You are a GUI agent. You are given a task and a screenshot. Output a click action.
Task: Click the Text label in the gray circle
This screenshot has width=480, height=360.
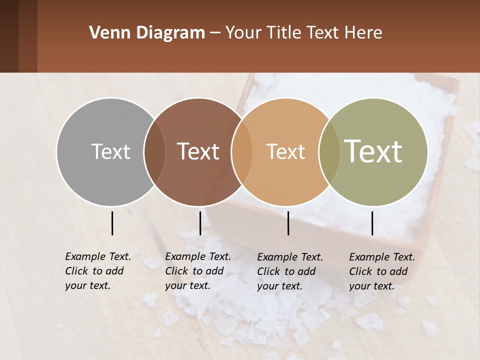click(x=110, y=151)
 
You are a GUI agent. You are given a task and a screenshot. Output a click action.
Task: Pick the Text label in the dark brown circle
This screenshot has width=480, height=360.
click(x=198, y=151)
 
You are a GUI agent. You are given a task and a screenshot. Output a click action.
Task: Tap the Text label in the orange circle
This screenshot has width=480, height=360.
click(x=285, y=151)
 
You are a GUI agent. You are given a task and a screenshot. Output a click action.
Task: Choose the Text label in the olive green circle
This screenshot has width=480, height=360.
click(x=373, y=151)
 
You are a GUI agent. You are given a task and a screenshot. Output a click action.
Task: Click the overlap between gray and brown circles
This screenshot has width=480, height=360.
click(x=154, y=151)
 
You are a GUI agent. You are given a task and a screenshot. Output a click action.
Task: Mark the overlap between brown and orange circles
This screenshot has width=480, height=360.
click(x=242, y=151)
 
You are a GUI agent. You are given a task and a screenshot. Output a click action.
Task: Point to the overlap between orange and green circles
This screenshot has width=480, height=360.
click(x=329, y=151)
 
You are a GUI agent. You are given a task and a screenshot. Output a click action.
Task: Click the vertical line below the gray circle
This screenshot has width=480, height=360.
click(x=112, y=223)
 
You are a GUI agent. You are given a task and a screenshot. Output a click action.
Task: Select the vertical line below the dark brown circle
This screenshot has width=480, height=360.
click(x=200, y=223)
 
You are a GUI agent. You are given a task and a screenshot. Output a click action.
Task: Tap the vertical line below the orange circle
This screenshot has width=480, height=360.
click(x=288, y=223)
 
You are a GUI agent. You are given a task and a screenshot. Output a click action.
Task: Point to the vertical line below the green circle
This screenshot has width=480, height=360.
click(x=372, y=223)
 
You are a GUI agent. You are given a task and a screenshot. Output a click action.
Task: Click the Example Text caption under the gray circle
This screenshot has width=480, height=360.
click(x=98, y=271)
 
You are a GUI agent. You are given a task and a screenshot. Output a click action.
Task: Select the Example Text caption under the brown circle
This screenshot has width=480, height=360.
click(x=198, y=271)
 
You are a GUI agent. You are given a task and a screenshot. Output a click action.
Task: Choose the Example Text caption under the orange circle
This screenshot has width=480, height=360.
click(x=290, y=271)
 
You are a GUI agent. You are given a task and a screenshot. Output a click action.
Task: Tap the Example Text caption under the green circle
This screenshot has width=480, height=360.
click(x=382, y=271)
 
